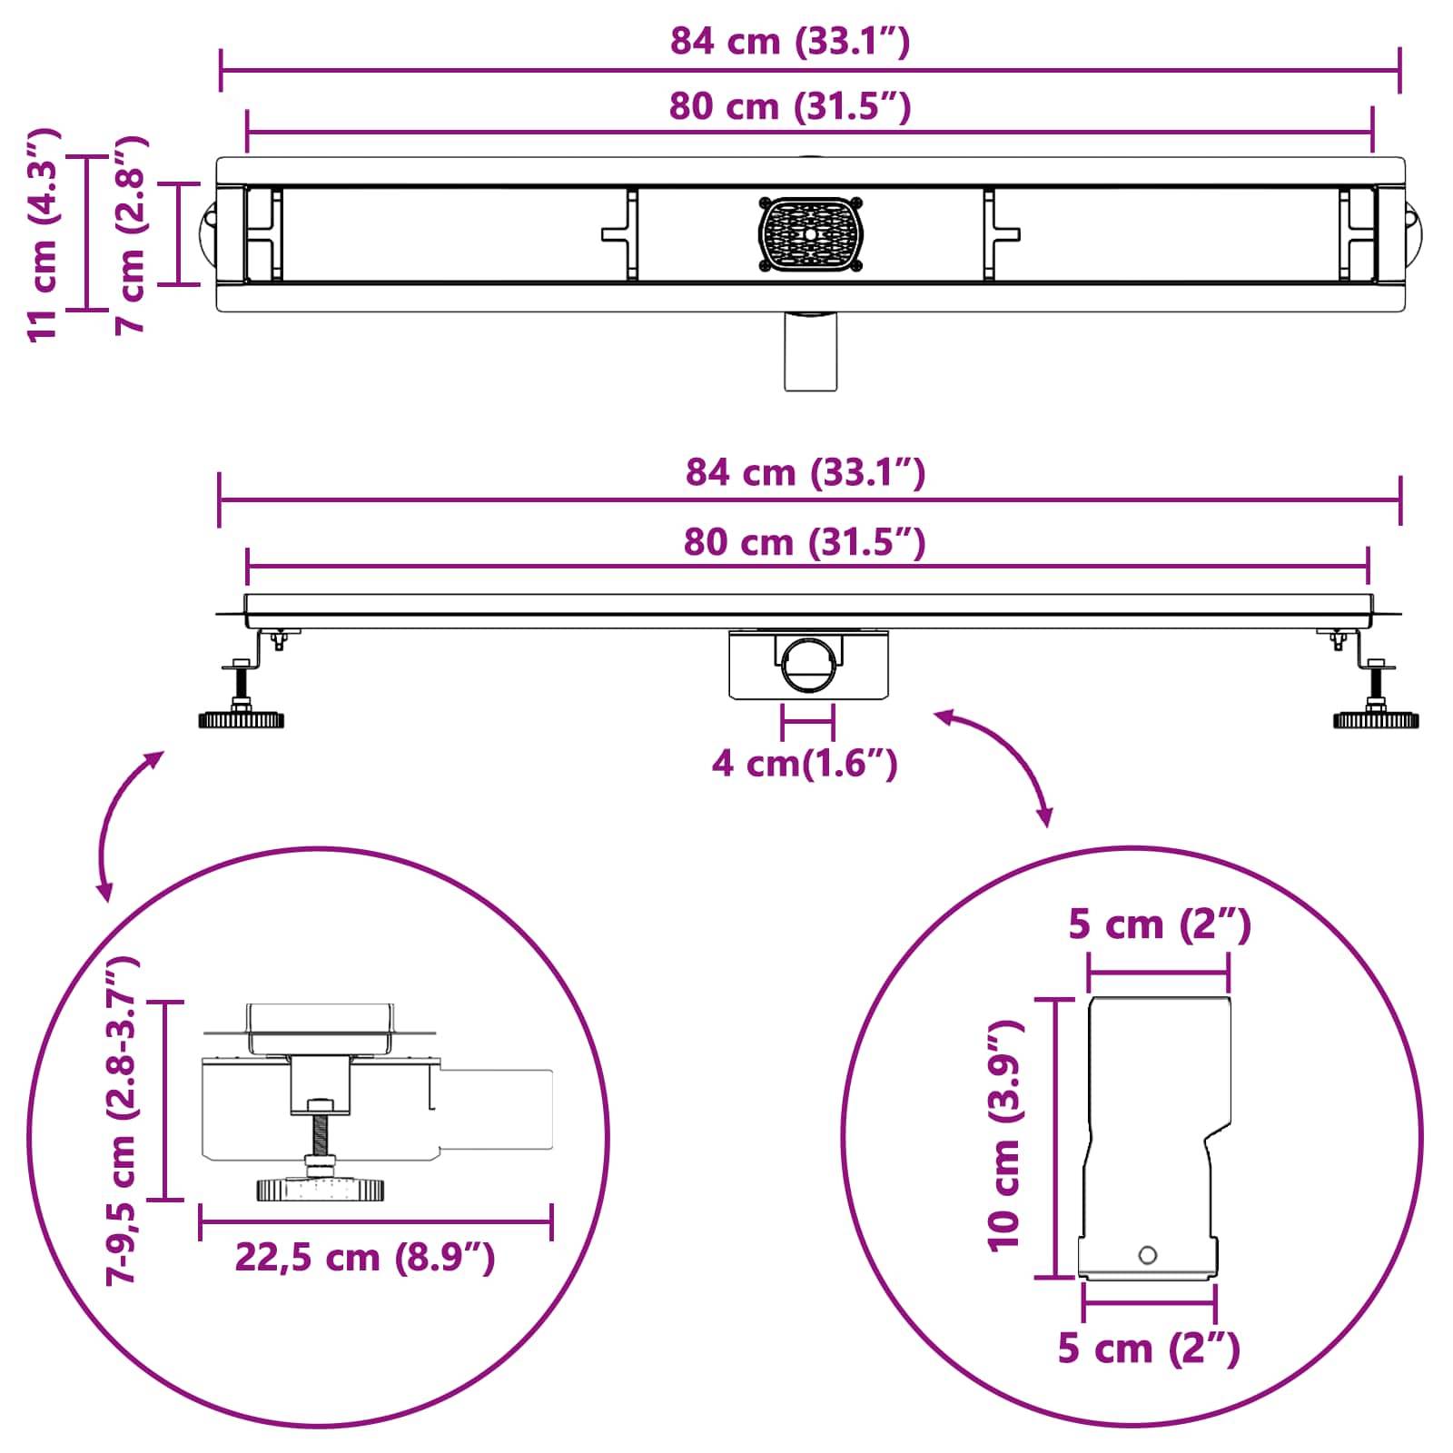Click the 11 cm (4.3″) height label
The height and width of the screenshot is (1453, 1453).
[x=44, y=234]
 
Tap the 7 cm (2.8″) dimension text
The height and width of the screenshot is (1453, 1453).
[x=130, y=234]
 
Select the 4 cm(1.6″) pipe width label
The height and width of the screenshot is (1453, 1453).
[x=805, y=763]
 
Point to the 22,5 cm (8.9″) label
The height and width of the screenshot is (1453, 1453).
[x=365, y=1258]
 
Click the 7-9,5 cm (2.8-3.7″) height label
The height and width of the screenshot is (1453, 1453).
[x=121, y=1119]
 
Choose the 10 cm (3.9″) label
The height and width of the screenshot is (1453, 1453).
[x=1004, y=1135]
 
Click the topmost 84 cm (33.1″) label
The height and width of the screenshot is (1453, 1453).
[x=790, y=42]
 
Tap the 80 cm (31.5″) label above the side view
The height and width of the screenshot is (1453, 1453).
[x=805, y=542]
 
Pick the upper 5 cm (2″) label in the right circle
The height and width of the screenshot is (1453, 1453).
[x=1160, y=924]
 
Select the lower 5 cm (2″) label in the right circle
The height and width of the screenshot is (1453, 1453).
[x=1149, y=1349]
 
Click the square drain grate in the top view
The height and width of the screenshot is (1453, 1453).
[x=810, y=233]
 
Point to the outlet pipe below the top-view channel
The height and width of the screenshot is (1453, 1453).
[x=810, y=352]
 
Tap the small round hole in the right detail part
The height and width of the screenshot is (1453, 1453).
[x=1148, y=1256]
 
